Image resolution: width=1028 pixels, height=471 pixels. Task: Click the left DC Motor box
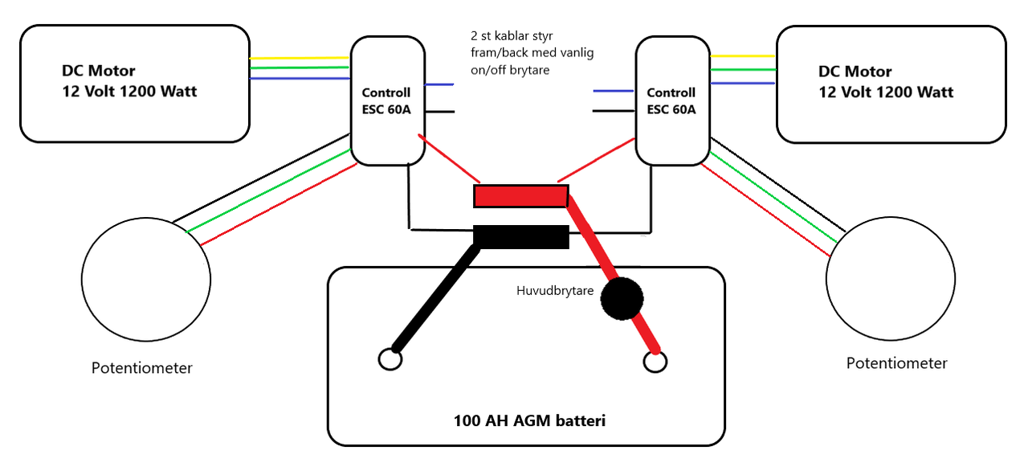135,84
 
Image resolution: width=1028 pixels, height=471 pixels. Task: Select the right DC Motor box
891,84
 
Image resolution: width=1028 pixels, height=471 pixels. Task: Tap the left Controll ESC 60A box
386,101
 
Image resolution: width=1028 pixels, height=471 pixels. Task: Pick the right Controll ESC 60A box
671,101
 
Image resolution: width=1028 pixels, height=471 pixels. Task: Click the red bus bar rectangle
520,196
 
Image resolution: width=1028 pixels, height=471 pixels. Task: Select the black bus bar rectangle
520,237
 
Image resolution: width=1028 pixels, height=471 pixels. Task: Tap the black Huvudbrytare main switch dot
622,299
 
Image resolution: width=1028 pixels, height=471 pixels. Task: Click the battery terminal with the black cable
390,358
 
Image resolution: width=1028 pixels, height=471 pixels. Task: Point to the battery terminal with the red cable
655,362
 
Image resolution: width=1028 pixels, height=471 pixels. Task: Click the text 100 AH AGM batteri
528,420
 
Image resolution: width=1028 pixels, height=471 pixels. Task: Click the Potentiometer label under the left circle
141,368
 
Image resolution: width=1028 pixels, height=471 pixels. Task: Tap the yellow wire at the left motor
300,58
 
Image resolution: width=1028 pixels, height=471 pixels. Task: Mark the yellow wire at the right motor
742,56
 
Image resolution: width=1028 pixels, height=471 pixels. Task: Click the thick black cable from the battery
434,297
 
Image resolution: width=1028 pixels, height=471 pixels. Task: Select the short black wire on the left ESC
439,112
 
